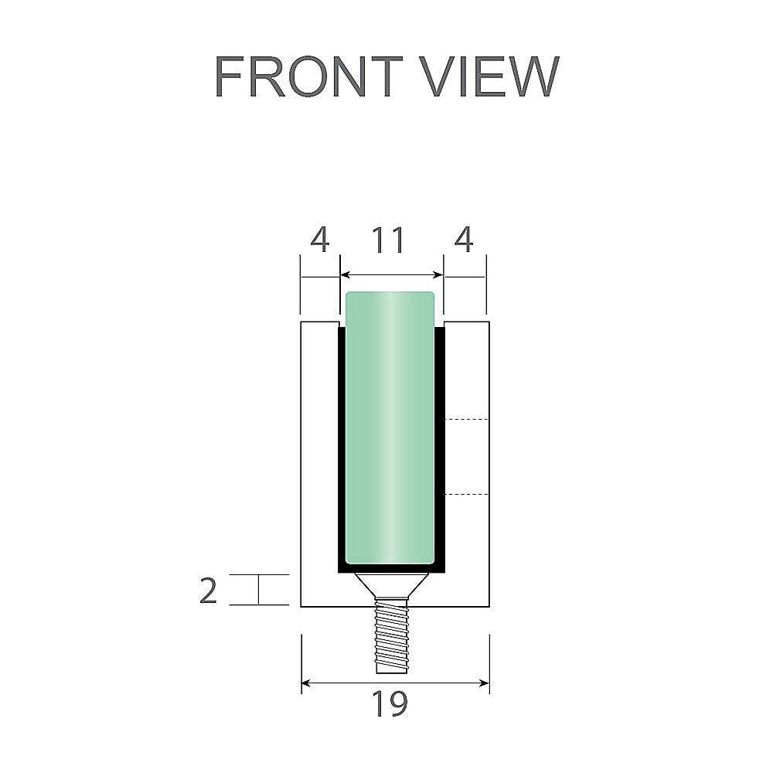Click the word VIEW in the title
494,77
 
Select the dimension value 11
389,240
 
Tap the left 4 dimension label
319,240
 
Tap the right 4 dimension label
464,240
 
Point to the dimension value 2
208,591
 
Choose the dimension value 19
390,704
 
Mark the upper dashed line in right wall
468,419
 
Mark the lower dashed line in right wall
468,493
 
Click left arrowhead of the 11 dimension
346,274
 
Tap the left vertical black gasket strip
341,448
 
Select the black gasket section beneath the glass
390,568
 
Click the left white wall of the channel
318,464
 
